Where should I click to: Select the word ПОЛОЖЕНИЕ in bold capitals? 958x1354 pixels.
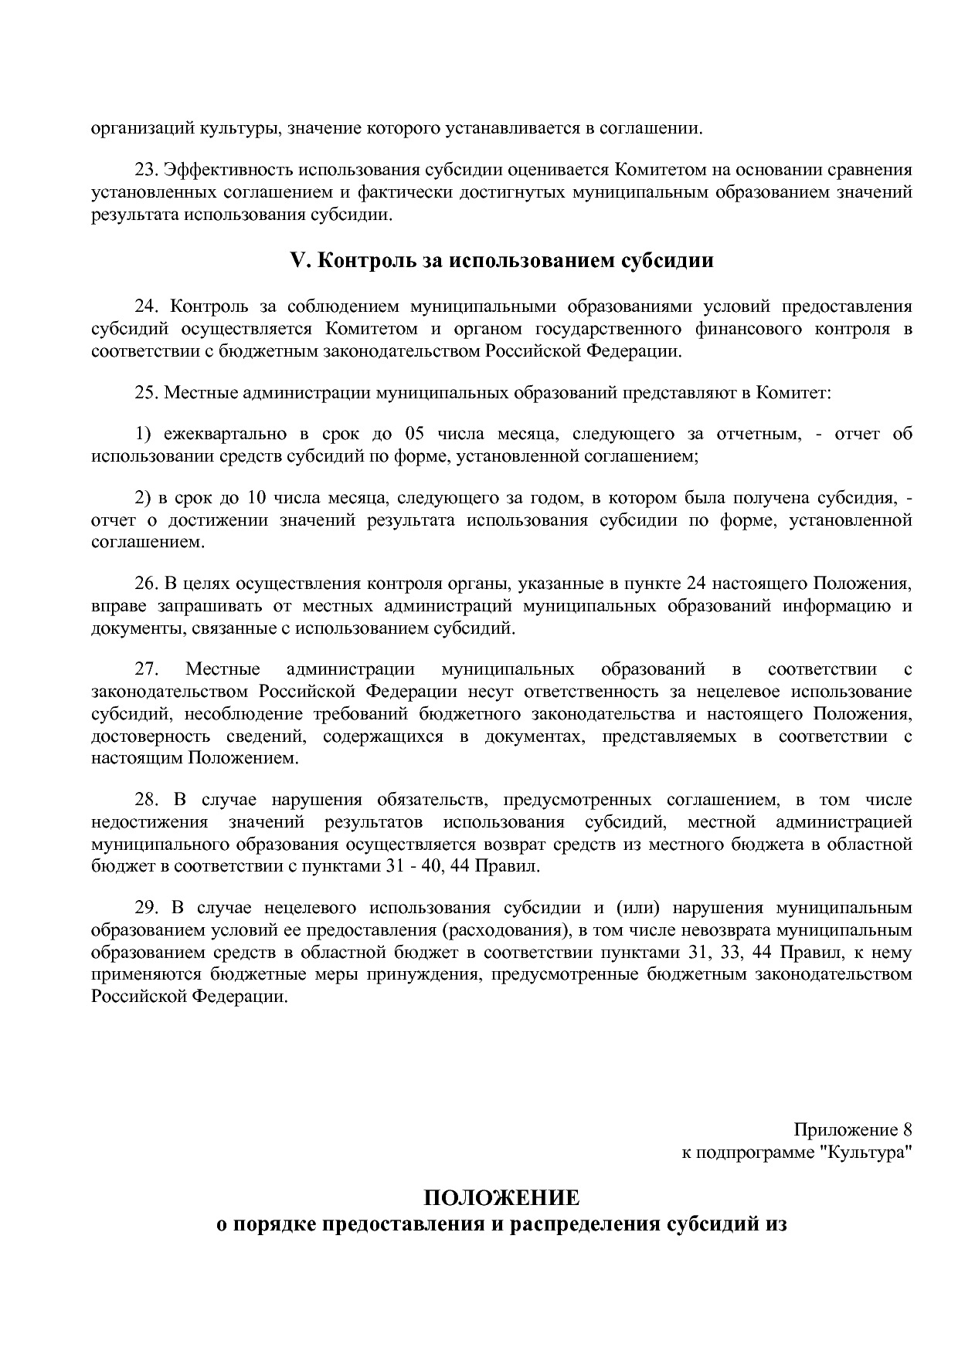click(501, 1197)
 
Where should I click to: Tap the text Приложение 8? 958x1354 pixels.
click(853, 1130)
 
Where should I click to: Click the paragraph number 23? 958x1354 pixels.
click(146, 170)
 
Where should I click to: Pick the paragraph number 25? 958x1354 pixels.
click(146, 393)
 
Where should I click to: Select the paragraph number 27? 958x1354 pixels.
click(146, 669)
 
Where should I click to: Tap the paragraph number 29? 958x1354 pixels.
click(146, 907)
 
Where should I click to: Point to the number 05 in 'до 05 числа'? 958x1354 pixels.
click(405, 434)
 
